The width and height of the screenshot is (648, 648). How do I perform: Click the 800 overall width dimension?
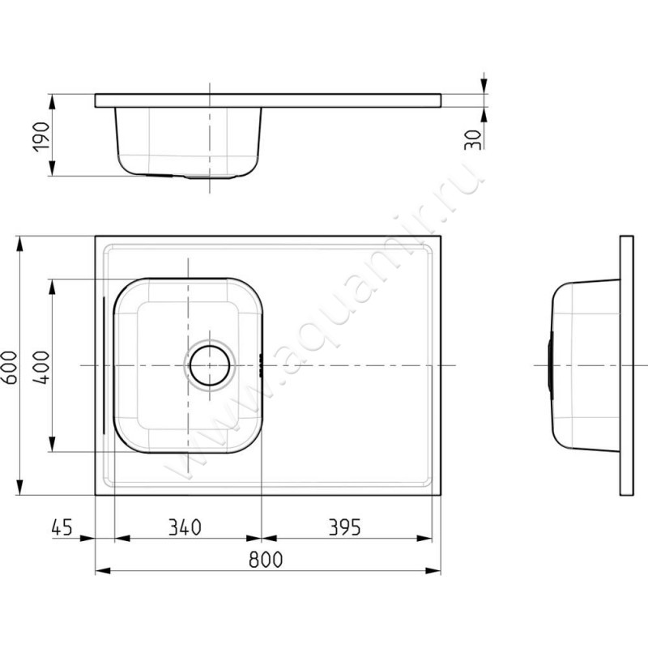coord(266,560)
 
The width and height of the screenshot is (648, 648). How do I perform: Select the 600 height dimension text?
coord(10,368)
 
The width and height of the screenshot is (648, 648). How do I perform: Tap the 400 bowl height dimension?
coord(41,368)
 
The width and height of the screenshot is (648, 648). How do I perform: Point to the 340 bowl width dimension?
coord(185,527)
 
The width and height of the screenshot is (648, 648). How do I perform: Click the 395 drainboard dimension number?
coord(345,527)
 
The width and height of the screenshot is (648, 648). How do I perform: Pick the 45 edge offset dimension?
coord(62,527)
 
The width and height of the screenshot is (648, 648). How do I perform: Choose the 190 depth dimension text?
coord(41,137)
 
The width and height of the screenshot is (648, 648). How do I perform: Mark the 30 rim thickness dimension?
coord(473,139)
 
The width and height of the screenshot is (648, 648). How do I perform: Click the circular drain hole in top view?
coord(210,365)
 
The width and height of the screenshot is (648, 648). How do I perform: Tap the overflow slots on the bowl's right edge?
coord(260,365)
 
